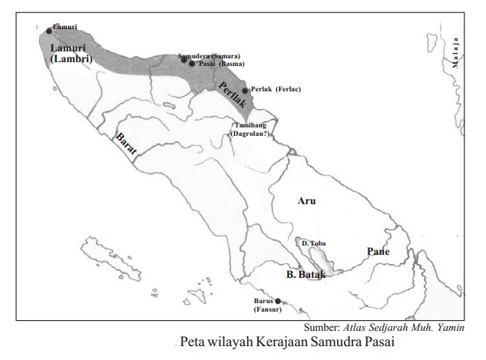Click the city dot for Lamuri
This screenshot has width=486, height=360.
(x=48, y=31)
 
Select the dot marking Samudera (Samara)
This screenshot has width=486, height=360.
(x=183, y=60)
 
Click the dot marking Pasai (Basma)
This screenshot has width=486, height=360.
(x=192, y=64)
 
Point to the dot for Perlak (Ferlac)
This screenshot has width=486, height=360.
(x=245, y=90)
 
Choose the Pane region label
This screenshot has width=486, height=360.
(x=378, y=251)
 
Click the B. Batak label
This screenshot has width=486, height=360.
(x=306, y=273)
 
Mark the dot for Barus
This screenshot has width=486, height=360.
(x=278, y=301)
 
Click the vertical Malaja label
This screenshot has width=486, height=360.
(x=455, y=53)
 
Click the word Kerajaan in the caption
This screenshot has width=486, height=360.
(x=290, y=342)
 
